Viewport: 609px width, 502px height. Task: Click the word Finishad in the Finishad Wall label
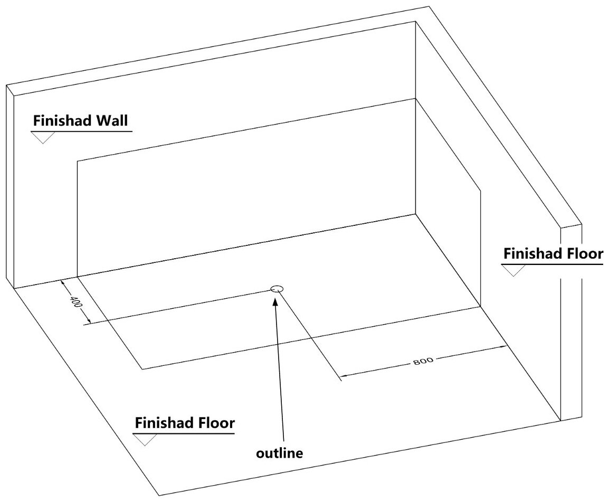coord(62,120)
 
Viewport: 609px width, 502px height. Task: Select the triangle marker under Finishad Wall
coord(43,137)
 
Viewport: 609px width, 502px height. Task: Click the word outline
coord(280,453)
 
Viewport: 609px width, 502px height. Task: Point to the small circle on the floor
coord(277,288)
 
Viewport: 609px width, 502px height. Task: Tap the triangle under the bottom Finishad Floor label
coord(145,439)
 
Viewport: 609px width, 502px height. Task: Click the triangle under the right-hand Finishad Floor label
coord(513,270)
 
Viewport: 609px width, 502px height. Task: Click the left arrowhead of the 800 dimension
coord(344,377)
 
